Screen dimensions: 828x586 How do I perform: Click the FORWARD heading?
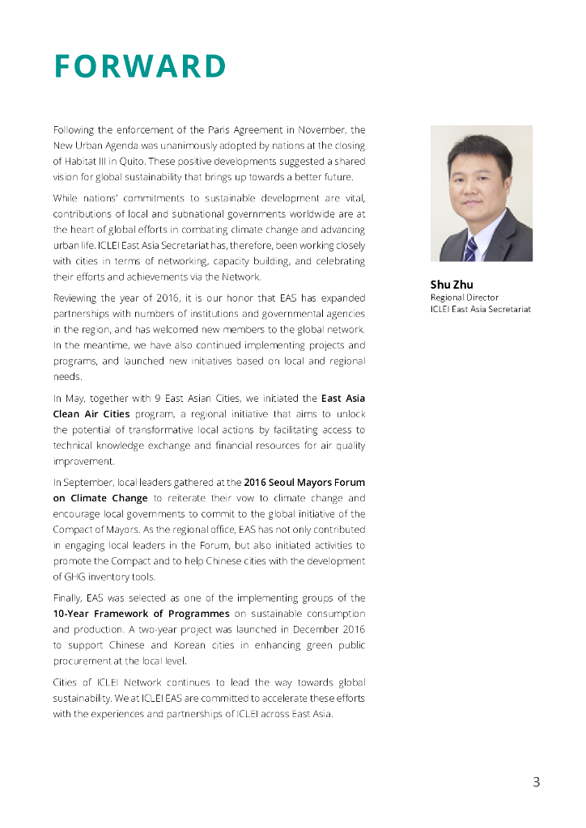point(139,67)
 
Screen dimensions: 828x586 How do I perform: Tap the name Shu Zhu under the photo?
point(451,285)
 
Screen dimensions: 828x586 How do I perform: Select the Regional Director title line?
point(464,298)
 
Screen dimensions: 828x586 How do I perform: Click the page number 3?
point(536,782)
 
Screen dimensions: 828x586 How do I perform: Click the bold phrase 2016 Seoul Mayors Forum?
point(304,483)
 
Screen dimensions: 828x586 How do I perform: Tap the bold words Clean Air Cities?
point(91,414)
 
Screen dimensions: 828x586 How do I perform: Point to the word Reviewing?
point(79,298)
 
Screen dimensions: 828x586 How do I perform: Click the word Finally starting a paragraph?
point(67,598)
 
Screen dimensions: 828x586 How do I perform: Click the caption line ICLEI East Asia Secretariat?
point(480,309)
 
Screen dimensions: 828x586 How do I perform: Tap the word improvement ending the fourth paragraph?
point(83,461)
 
